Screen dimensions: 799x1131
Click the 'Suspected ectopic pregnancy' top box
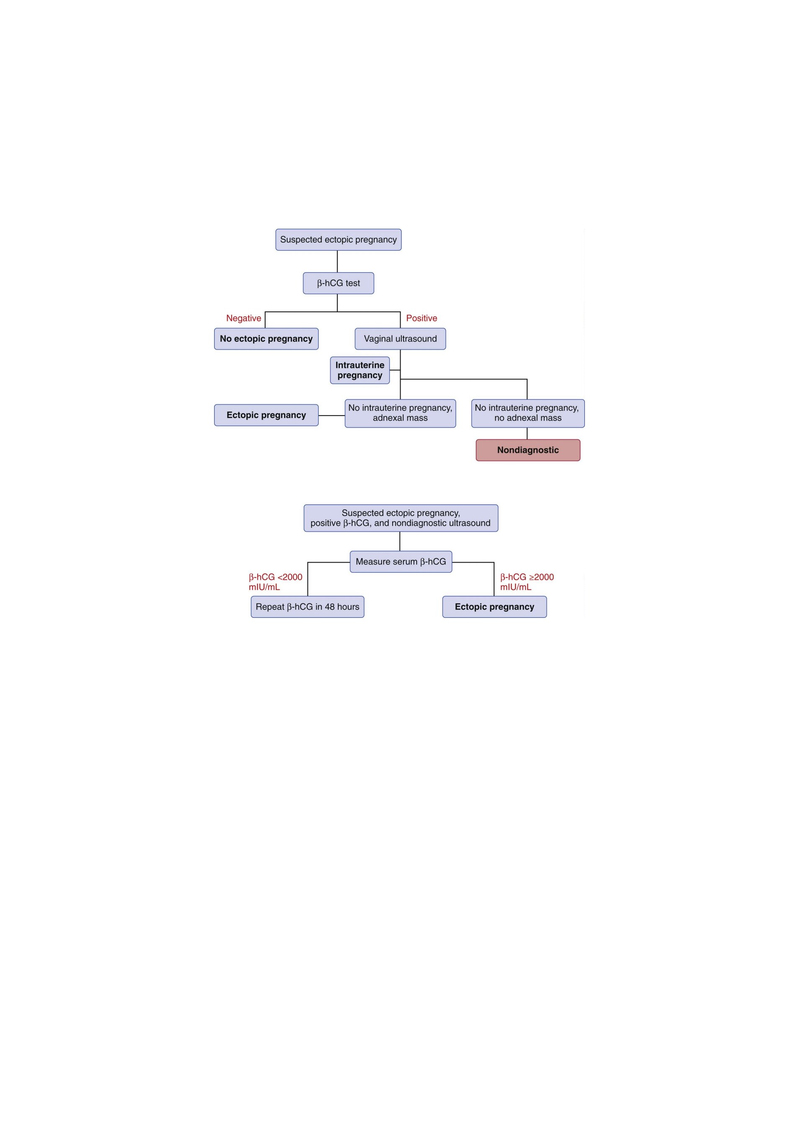339,240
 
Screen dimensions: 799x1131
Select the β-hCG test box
339,283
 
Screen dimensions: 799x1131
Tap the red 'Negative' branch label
243,318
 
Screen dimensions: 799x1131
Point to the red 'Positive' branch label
421,318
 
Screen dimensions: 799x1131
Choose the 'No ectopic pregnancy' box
266,339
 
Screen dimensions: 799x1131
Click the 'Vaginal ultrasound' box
400,339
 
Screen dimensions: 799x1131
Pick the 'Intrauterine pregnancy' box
359,370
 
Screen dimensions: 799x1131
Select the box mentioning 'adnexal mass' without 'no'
400,413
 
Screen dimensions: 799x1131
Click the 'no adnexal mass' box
527,413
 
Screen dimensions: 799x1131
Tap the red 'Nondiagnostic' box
527,450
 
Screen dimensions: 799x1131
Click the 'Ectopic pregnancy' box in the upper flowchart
266,415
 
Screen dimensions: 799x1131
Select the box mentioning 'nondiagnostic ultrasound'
401,518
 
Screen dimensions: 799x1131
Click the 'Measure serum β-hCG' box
401,562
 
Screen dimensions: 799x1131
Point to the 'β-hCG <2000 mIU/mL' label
275,582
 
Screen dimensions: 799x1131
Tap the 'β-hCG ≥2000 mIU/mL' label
527,582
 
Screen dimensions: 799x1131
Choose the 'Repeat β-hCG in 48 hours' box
308,607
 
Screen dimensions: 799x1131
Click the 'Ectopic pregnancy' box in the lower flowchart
494,607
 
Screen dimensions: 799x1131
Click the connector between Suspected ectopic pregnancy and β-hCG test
337,261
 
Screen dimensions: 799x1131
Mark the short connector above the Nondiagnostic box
527,434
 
